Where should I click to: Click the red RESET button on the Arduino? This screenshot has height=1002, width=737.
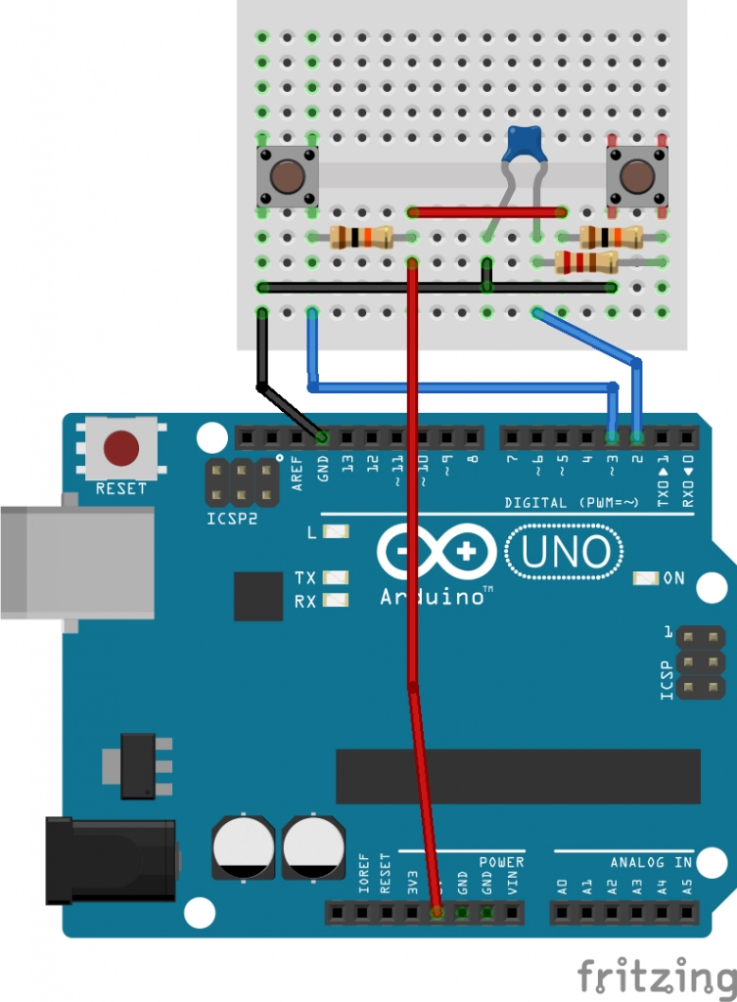pos(121,449)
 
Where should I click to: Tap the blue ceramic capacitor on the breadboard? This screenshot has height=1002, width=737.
pos(524,145)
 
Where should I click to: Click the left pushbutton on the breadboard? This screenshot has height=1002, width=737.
pos(287,177)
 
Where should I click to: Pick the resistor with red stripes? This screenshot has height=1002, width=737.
pos(585,261)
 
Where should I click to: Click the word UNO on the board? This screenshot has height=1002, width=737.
pos(566,552)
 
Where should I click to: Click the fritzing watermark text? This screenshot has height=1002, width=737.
pos(655,978)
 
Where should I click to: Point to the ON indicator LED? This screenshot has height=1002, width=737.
pos(646,578)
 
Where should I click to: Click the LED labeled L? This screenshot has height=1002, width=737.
pos(336,532)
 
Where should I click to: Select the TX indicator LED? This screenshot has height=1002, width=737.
pos(336,578)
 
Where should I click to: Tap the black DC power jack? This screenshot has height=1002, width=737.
pos(108,861)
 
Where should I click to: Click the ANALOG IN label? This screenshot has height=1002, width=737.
pos(650,862)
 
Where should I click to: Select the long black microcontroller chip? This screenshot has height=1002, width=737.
pos(518,776)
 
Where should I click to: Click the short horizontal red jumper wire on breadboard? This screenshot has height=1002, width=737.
pos(487,211)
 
